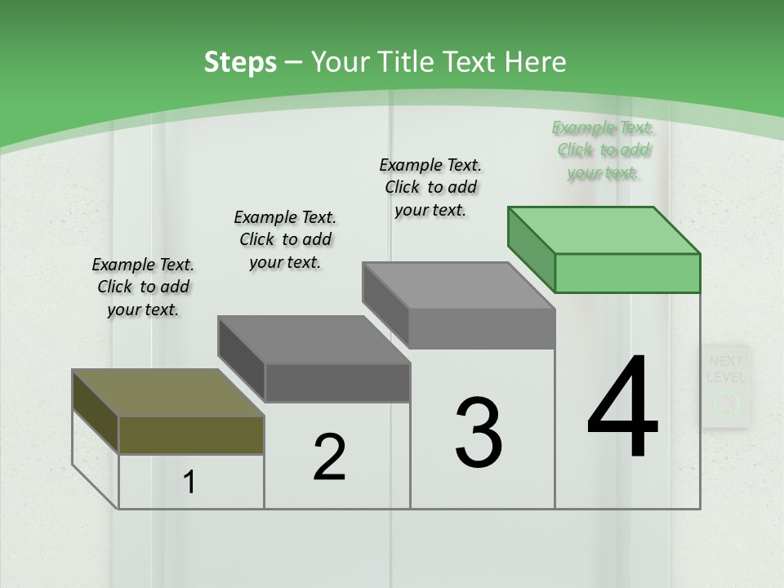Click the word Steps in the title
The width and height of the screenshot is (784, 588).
[x=240, y=63]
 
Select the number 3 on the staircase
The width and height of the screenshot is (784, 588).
[x=478, y=432]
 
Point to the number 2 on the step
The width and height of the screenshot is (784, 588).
[x=329, y=457]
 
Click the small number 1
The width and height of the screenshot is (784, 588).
[x=189, y=483]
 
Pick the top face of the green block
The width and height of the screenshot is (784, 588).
[x=604, y=230]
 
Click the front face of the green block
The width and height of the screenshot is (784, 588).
[x=627, y=273]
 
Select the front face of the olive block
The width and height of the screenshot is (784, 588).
[x=191, y=434]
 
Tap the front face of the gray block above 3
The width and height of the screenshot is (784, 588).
[x=482, y=329]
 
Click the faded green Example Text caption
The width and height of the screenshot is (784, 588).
[x=603, y=150]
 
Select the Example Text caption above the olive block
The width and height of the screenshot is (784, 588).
[x=143, y=287]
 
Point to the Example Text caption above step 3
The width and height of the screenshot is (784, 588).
[x=430, y=187]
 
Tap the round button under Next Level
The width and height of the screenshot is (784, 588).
[x=725, y=403]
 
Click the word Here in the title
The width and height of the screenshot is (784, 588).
[x=536, y=62]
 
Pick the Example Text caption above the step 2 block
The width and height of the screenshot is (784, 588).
[x=285, y=239]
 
